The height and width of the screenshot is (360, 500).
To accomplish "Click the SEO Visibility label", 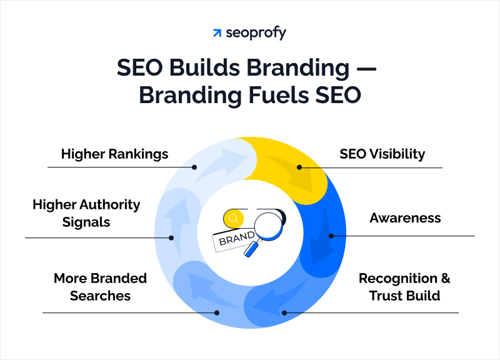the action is tap(382, 154).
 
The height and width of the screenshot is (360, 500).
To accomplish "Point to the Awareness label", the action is tap(405, 218).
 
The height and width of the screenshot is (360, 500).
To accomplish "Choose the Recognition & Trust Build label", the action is tap(404, 287).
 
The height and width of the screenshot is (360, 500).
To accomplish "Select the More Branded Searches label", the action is tap(100, 287).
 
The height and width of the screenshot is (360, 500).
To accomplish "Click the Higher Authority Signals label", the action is tap(86, 213).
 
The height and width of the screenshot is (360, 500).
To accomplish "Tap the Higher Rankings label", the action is tap(114, 154).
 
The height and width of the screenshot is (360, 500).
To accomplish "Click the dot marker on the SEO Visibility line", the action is tap(299, 167).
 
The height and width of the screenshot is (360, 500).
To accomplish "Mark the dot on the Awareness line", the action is tap(331, 236).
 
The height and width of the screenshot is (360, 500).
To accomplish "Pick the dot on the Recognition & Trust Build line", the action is tap(284, 312).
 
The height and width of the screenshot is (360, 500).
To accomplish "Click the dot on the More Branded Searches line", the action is tap(217, 312).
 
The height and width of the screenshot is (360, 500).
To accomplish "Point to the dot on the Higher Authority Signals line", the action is tap(172, 237).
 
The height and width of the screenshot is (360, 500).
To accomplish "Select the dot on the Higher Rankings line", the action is tap(195, 167).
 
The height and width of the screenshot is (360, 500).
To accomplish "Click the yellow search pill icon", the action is tap(234, 218).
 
